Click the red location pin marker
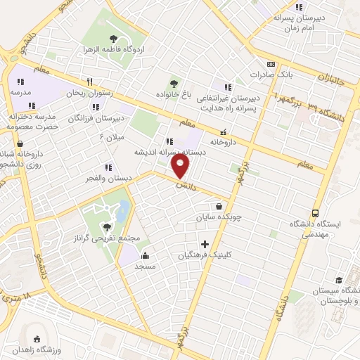(181, 166)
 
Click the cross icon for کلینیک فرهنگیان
(205, 244)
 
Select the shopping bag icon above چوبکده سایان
(221, 207)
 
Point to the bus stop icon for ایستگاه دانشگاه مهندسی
(314, 213)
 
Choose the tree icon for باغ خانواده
(174, 82)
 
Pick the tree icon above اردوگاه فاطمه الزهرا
(114, 39)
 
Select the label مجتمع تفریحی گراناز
(108, 238)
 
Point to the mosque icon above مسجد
(145, 256)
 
